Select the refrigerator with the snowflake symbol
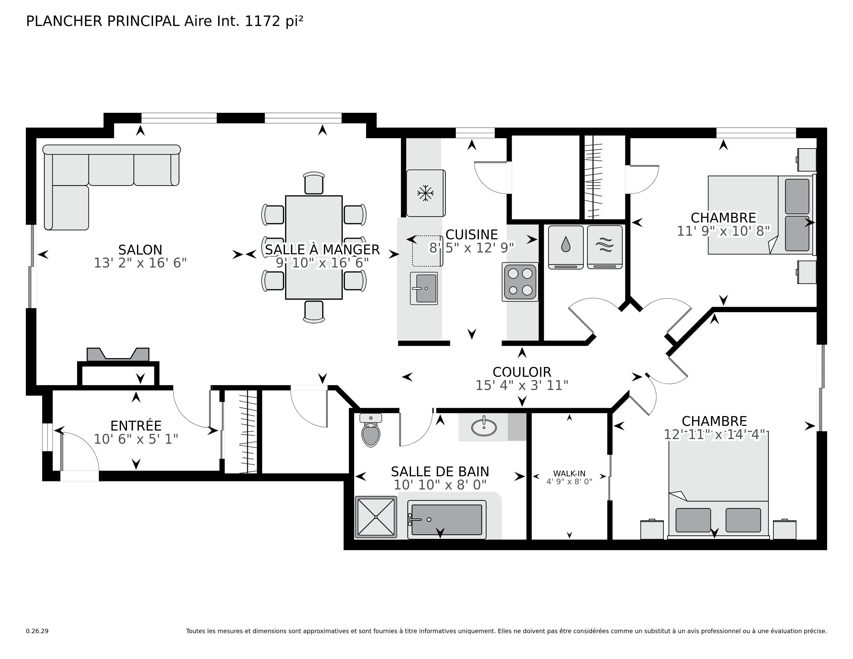click(x=425, y=193)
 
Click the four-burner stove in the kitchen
click(x=520, y=282)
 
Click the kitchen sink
click(x=424, y=288)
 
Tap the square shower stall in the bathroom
click(x=376, y=517)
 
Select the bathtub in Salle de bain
click(x=446, y=520)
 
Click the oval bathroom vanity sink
click(x=484, y=427)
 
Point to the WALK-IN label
click(x=569, y=473)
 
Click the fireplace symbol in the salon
click(x=118, y=355)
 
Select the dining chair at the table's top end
click(x=314, y=183)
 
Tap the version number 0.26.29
click(x=37, y=631)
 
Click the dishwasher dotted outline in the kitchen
click(x=427, y=251)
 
